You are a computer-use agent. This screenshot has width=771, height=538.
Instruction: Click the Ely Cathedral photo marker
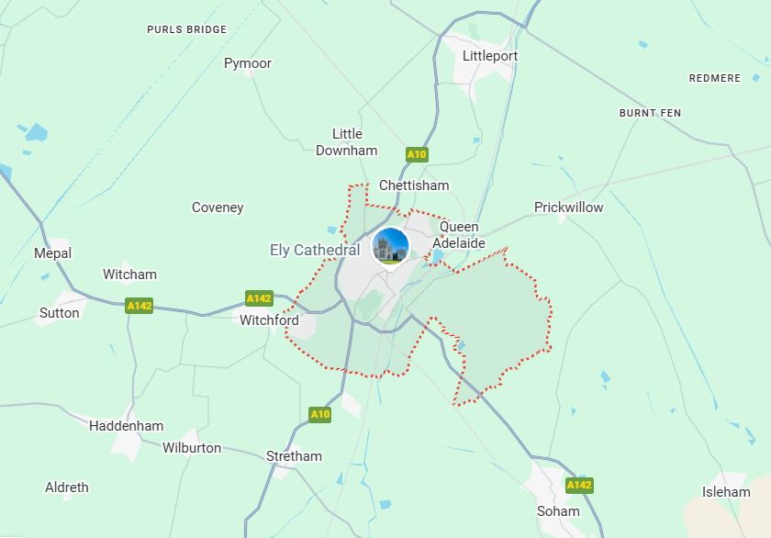point(390,246)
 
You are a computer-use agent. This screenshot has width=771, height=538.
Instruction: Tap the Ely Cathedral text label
point(315,250)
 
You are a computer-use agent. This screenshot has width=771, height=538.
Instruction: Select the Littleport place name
point(490,56)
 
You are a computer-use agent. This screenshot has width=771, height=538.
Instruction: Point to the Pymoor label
point(248,63)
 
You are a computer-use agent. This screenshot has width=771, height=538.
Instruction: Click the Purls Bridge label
point(186,29)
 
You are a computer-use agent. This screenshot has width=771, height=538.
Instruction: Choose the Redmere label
point(714,78)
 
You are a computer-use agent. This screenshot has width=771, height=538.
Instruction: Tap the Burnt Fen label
point(650,113)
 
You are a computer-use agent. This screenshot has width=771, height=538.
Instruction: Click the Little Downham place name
point(347,142)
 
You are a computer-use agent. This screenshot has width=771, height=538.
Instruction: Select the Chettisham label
point(414,185)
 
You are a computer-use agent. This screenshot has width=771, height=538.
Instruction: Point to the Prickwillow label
point(569,207)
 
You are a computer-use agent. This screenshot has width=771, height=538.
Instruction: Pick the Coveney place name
point(218,207)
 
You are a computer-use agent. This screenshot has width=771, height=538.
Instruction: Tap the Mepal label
point(52,253)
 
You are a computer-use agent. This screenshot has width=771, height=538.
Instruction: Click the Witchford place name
point(269,320)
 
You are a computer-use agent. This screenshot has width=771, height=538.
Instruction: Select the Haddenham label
point(127,426)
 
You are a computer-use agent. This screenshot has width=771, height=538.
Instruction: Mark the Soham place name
point(558,511)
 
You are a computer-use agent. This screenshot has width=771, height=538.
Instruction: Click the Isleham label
point(726,492)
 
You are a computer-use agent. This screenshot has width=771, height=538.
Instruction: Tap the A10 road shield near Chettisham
point(417,154)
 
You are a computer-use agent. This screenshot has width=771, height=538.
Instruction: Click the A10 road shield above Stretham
point(319,414)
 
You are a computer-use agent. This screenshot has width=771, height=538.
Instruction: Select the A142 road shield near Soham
point(579,485)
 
